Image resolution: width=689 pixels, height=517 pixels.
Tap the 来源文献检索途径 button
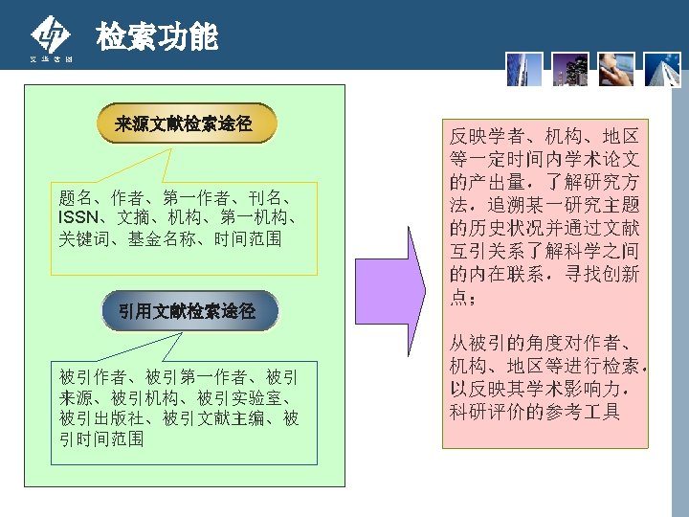click(184, 124)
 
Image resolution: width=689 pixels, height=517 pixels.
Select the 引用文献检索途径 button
click(187, 310)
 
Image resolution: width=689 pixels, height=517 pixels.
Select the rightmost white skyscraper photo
click(661, 68)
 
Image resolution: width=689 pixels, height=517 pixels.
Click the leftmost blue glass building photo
click(525, 68)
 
